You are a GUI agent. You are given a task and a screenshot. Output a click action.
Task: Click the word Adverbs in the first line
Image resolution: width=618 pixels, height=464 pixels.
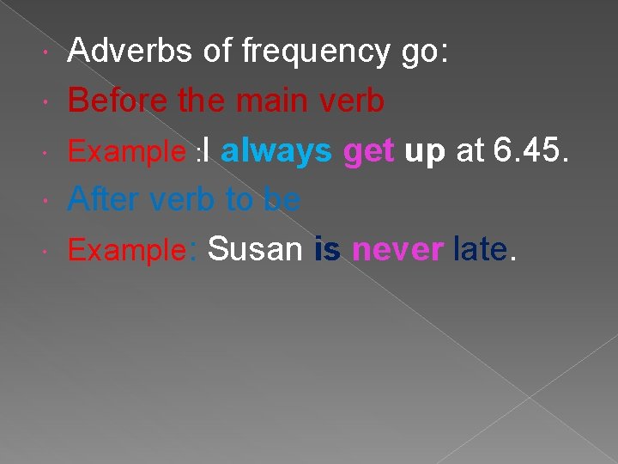130,52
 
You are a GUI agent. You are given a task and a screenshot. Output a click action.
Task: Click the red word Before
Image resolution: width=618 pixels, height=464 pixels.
118,101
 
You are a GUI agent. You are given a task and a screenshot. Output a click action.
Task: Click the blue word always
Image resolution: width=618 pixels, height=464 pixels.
276,151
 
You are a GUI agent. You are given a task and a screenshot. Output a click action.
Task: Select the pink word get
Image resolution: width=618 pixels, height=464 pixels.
369,152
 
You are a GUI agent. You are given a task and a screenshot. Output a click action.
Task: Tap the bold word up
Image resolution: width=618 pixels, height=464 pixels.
425,152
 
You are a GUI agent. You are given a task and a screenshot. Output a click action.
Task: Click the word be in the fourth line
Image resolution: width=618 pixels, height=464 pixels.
282,199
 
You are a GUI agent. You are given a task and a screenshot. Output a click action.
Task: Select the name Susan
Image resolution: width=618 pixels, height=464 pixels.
255,249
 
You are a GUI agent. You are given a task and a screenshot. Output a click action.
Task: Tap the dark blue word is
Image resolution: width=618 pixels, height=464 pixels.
327,249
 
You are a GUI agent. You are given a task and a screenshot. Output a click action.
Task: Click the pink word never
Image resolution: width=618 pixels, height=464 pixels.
397,250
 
